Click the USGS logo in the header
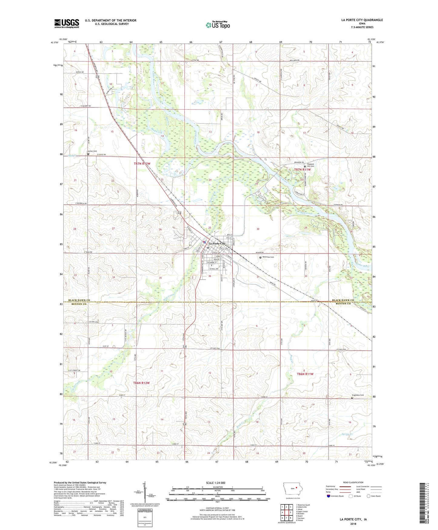click(67, 23)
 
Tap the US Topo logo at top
click(218, 25)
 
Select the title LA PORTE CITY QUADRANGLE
click(362, 20)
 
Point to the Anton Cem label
click(92, 151)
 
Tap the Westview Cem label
click(268, 257)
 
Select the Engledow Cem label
click(357, 395)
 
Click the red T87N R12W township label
click(142, 164)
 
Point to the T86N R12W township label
click(141, 383)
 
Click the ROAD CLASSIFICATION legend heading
click(353, 482)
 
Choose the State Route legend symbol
click(369, 496)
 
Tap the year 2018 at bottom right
click(353, 524)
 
